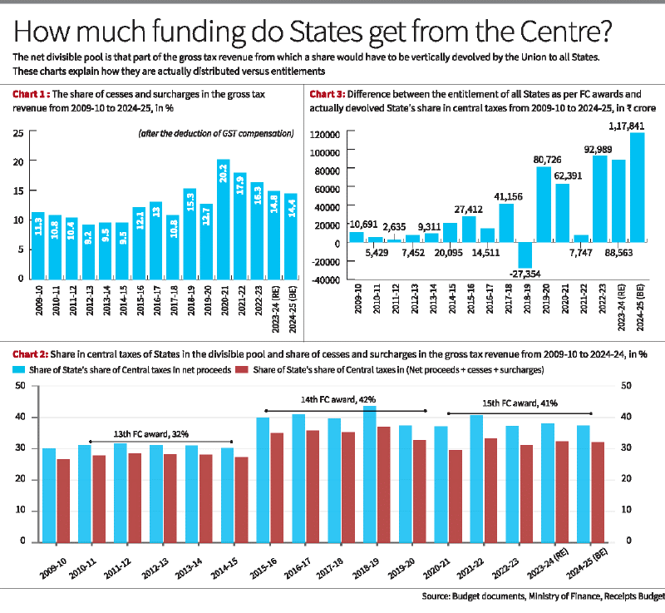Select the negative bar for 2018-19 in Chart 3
tap(523, 255)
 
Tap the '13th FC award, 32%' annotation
tap(150, 433)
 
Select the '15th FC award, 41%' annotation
tap(521, 403)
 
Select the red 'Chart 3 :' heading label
tap(328, 96)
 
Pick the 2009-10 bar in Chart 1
tap(37, 246)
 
